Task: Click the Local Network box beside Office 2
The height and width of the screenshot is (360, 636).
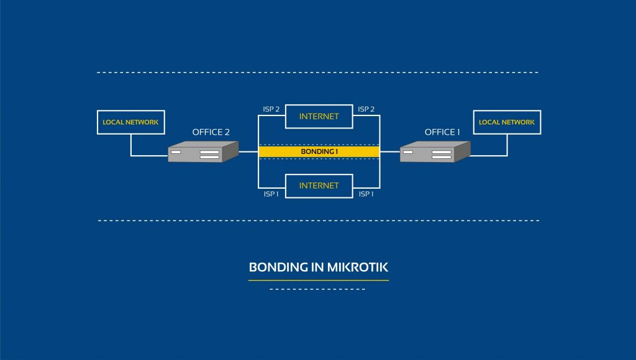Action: pyautogui.click(x=130, y=122)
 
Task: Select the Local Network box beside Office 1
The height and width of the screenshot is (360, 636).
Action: pyautogui.click(x=507, y=122)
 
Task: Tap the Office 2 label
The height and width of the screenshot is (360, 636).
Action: pyautogui.click(x=211, y=132)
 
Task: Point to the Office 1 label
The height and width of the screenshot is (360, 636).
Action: pyautogui.click(x=442, y=132)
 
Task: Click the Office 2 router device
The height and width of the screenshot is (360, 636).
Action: pyautogui.click(x=203, y=152)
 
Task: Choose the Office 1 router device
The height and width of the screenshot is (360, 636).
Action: pyautogui.click(x=434, y=152)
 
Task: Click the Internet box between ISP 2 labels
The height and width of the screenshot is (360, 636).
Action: pyautogui.click(x=319, y=116)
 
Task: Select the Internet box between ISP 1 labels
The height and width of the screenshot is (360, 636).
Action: pyautogui.click(x=319, y=186)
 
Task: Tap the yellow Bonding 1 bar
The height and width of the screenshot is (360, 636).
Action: pyautogui.click(x=319, y=151)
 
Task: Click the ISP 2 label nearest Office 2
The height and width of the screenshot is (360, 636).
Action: pyautogui.click(x=271, y=109)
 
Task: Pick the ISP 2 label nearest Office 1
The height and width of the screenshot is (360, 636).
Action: pyautogui.click(x=366, y=109)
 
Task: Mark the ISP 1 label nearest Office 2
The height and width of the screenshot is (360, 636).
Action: pyautogui.click(x=271, y=194)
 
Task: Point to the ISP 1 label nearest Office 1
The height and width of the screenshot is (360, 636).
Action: pyautogui.click(x=366, y=194)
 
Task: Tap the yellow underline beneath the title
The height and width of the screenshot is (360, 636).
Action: pyautogui.click(x=319, y=281)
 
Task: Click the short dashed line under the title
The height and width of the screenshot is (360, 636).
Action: pyautogui.click(x=319, y=289)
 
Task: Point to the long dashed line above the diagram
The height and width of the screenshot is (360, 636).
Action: pyautogui.click(x=318, y=73)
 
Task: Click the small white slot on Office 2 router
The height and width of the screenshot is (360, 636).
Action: pyautogui.click(x=176, y=152)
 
